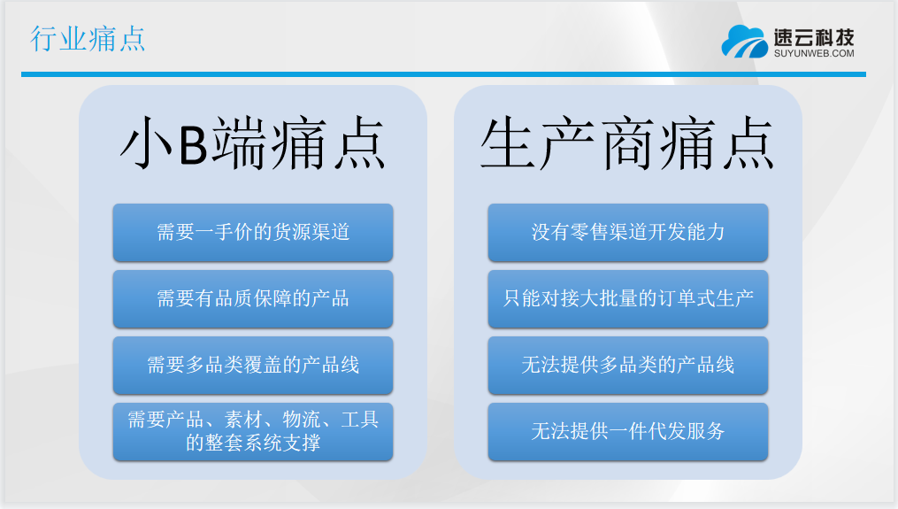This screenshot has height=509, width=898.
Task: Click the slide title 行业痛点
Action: pos(88,39)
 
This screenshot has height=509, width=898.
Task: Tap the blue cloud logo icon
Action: pos(745,42)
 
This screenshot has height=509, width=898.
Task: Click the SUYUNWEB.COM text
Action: pos(814,53)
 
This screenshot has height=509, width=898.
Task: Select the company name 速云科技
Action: pos(814,37)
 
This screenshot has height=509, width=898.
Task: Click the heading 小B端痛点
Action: pos(252,143)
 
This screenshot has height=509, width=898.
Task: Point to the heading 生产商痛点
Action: pos(627,143)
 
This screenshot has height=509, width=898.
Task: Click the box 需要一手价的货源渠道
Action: pos(252,232)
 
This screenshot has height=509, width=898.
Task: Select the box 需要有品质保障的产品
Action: pos(252,298)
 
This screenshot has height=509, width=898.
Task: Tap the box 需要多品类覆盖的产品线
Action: pos(252,365)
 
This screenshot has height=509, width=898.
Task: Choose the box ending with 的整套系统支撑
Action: pos(252,432)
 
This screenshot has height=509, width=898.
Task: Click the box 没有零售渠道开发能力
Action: pos(627,232)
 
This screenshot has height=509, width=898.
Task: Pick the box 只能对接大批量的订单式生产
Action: pos(627,298)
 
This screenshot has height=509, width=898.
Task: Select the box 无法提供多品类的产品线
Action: pos(627,365)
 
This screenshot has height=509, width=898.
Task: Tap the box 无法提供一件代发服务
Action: pos(627,432)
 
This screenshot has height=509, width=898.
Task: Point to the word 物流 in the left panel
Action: pos(302,420)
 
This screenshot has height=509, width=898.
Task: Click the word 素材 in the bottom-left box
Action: pos(243,420)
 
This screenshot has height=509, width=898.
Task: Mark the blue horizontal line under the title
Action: pos(443,74)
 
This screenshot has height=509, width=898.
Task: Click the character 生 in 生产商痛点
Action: pos(508,143)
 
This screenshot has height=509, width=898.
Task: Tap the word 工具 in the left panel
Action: pos(360,420)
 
